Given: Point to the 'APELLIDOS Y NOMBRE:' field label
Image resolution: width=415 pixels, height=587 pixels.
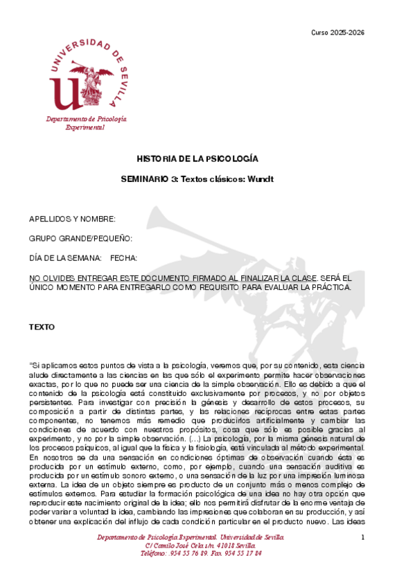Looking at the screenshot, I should pos(72,219).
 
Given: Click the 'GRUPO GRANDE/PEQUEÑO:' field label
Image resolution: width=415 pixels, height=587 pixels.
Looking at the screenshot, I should pos(80,238).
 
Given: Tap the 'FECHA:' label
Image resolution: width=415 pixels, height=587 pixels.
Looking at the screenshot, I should pos(123,258).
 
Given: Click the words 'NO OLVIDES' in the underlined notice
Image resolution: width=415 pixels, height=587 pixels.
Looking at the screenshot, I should pos(51,278).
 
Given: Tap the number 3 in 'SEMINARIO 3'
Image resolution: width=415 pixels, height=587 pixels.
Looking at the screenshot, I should pos(174,179).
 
